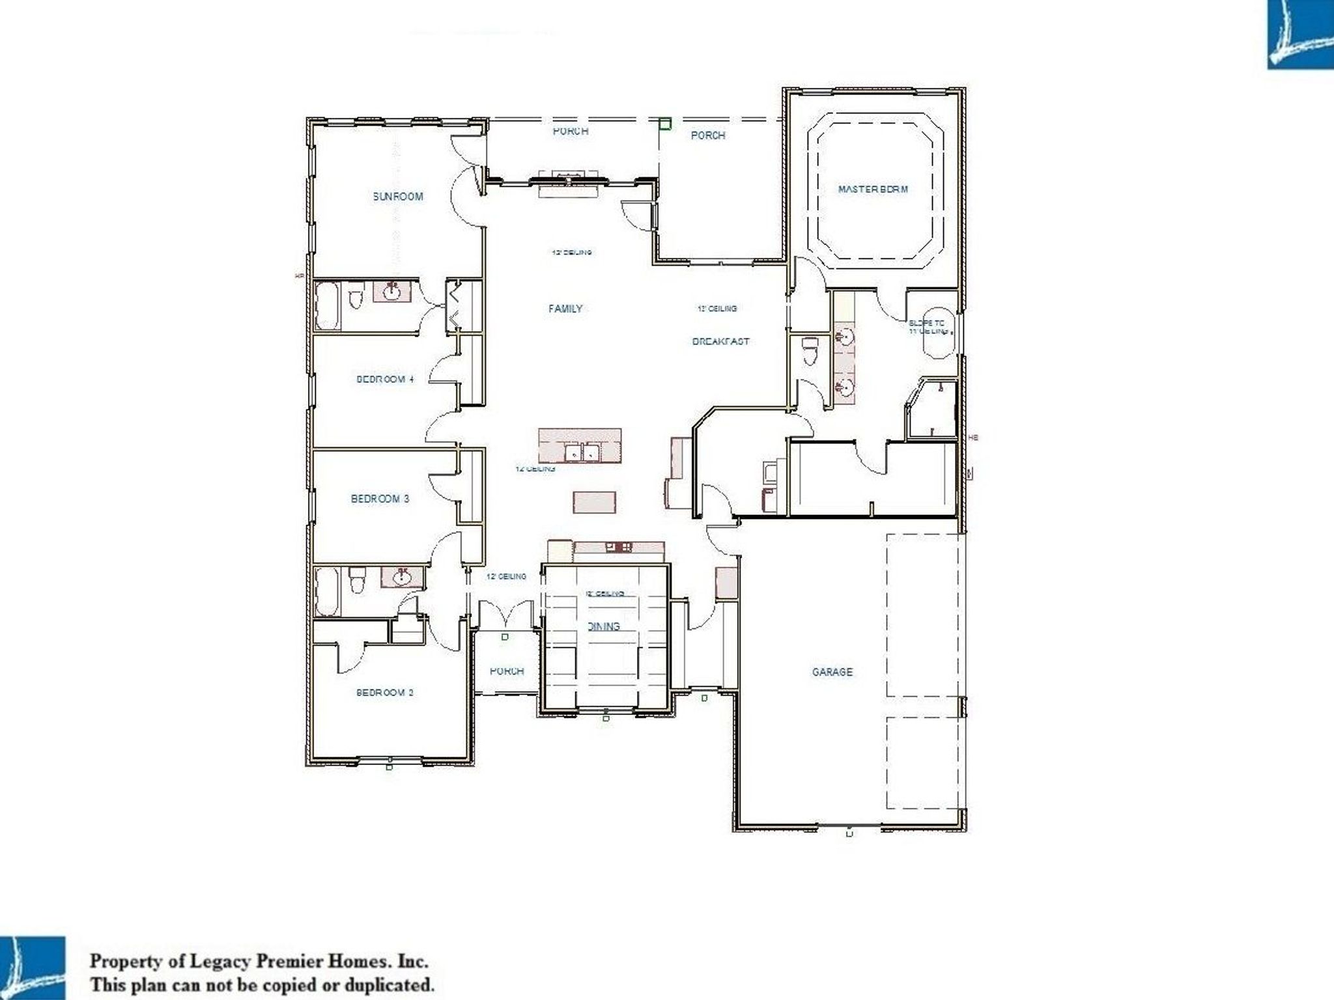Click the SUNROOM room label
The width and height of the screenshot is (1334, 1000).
tap(397, 197)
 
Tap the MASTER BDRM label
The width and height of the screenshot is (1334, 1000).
tap(873, 189)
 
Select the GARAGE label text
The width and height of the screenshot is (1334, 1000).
tap(832, 672)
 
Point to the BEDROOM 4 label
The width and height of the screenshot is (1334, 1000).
tap(385, 379)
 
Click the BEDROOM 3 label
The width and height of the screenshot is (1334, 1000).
tap(380, 499)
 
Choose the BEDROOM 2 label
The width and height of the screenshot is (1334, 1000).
tap(385, 693)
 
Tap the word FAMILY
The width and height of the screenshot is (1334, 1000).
tap(565, 309)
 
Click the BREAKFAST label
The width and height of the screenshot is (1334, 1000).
tap(720, 341)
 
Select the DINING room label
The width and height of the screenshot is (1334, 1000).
tap(604, 626)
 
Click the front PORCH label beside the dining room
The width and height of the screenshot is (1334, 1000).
tap(506, 671)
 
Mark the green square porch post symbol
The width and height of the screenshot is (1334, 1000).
tap(664, 123)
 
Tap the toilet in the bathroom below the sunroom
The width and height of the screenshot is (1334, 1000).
tap(356, 301)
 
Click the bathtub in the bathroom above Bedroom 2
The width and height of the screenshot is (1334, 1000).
tap(326, 591)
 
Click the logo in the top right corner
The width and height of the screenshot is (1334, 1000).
tap(1299, 34)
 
